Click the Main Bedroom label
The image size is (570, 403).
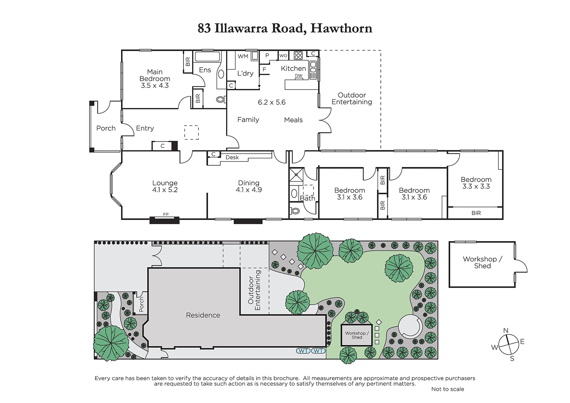click(x=155, y=78)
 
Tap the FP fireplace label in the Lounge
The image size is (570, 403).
click(x=166, y=214)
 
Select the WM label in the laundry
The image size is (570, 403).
click(x=243, y=56)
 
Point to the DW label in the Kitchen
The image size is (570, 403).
click(x=299, y=75)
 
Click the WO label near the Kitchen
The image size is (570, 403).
click(x=283, y=56)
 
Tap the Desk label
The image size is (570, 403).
click(x=232, y=157)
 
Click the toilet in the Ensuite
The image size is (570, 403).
click(x=221, y=99)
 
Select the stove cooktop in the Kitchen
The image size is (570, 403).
click(x=298, y=55)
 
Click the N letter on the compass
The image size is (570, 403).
click(x=506, y=330)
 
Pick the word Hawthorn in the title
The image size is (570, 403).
click(x=341, y=28)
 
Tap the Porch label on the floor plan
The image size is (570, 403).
click(x=106, y=128)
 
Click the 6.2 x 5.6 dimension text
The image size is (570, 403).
click(x=271, y=102)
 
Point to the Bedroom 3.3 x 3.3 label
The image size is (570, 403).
click(x=476, y=183)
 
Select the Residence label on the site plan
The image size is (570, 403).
click(x=203, y=315)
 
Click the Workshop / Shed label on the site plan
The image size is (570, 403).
click(x=357, y=335)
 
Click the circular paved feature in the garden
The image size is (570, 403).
click(x=410, y=326)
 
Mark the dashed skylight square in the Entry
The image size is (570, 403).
click(x=191, y=132)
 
